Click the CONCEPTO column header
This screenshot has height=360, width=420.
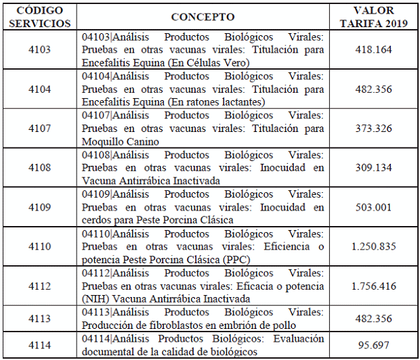coord(203,16)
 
